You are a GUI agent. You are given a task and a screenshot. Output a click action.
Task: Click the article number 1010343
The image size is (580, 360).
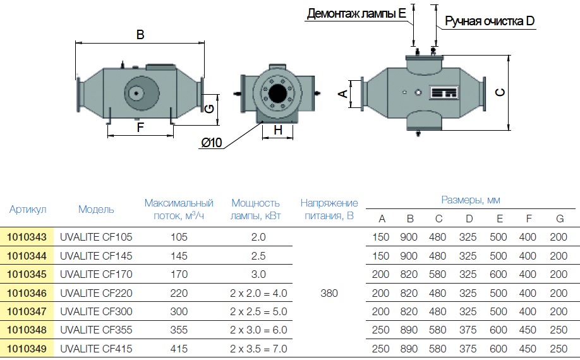click(x=27, y=237)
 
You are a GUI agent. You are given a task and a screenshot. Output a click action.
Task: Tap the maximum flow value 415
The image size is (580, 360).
click(x=179, y=349)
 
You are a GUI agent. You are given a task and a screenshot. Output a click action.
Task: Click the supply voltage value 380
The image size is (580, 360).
click(x=329, y=293)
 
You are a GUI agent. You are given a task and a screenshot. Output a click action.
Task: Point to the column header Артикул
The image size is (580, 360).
click(x=28, y=210)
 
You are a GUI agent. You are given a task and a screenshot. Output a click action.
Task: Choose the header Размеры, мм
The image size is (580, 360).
click(x=470, y=200)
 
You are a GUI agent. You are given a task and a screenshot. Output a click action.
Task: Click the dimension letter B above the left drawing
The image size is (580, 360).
click(x=140, y=35)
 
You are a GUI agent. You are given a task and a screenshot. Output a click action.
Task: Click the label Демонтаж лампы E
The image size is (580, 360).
click(x=356, y=14)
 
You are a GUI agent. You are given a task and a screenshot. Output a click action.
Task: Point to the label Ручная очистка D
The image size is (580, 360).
click(x=490, y=21)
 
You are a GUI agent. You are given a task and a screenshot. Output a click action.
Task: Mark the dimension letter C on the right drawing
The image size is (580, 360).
click(x=500, y=92)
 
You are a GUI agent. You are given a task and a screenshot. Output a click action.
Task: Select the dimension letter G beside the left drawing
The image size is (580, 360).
click(x=209, y=107)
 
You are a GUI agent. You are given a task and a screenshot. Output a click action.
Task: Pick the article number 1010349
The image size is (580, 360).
click(x=27, y=349)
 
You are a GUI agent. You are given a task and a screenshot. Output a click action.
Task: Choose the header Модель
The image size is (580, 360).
click(x=96, y=210)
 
